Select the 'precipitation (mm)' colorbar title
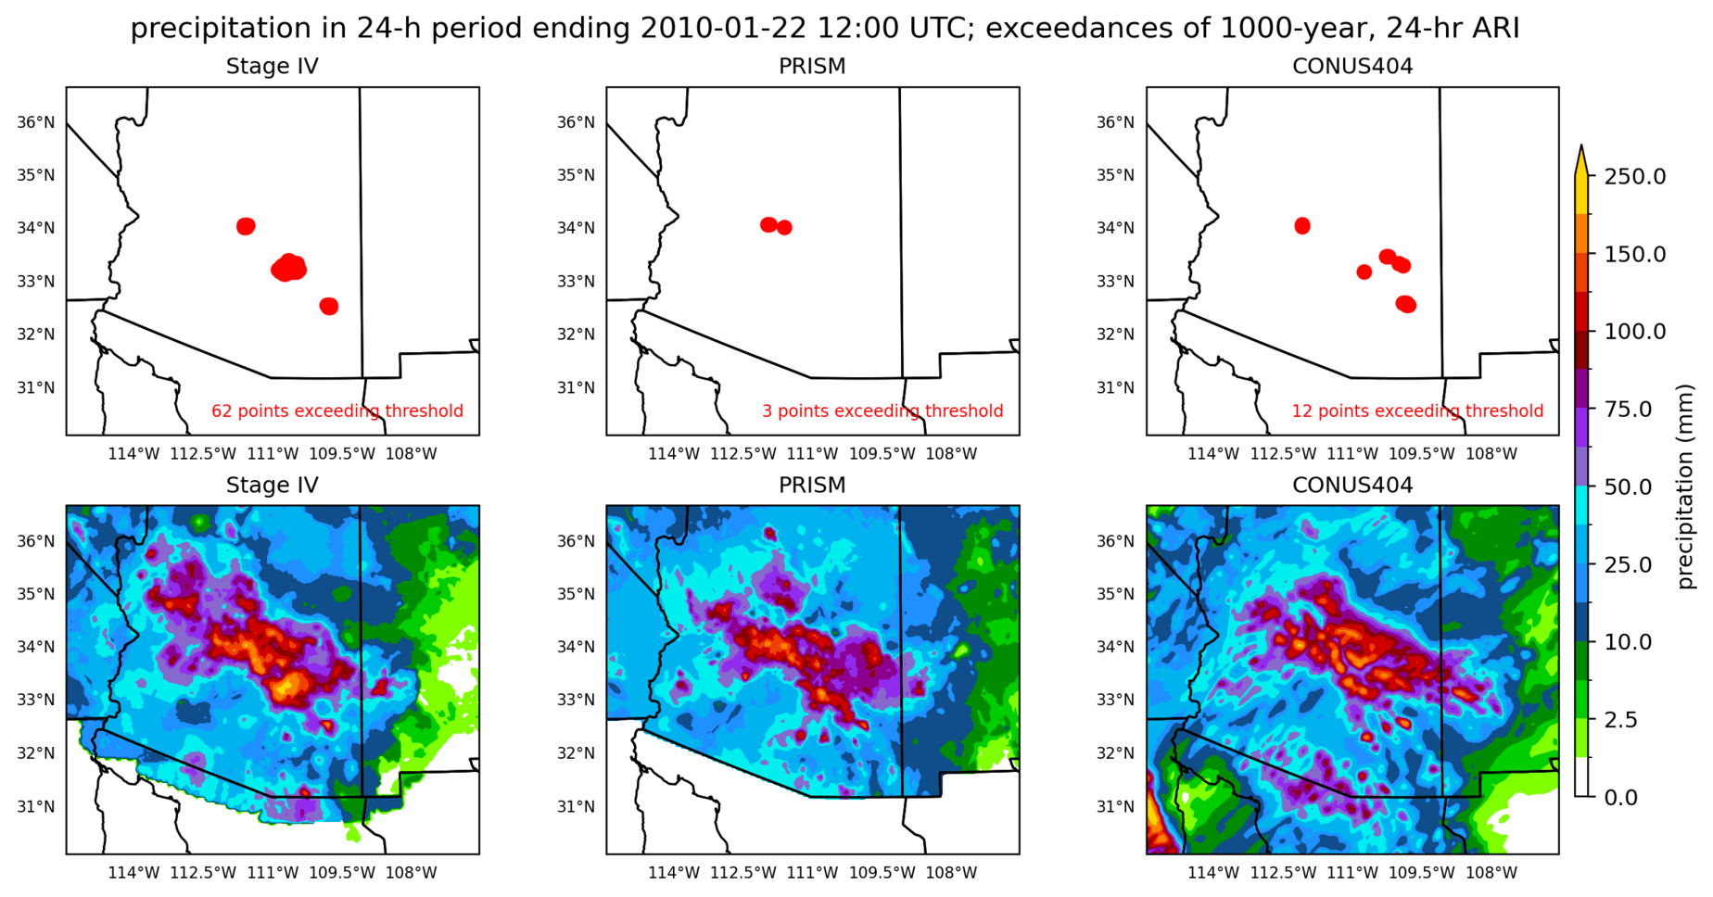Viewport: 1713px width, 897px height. point(1684,486)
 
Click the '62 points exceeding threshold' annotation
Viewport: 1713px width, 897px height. point(337,411)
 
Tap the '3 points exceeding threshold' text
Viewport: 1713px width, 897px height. point(882,411)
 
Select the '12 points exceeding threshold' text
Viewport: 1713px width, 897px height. point(1417,411)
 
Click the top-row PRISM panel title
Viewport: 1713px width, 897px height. point(812,67)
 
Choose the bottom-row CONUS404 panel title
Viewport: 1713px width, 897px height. point(1352,486)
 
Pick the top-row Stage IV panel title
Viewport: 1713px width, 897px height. point(272,67)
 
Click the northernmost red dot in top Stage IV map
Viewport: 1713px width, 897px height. point(246,226)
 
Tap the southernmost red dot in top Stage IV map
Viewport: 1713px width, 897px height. point(329,306)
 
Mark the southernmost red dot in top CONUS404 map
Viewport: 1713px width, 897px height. point(1406,304)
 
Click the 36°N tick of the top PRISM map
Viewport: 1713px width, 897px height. point(575,122)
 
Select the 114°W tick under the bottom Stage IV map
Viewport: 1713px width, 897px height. point(133,873)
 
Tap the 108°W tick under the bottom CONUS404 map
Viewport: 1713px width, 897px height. point(1491,873)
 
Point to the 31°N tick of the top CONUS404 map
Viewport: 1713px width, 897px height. point(1115,387)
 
